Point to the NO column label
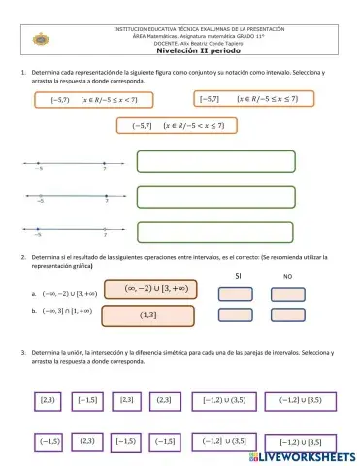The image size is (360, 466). tap(287, 277)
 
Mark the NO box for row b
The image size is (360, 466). tap(287, 313)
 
